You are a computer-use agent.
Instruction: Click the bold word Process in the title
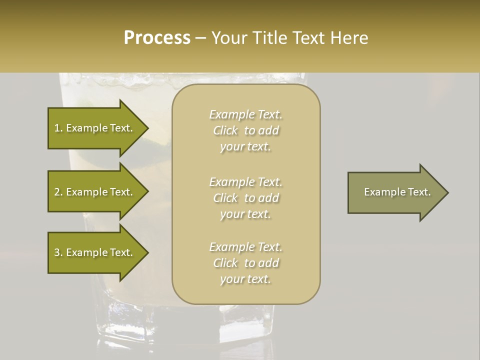click(157, 38)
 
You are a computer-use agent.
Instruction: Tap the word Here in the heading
click(349, 38)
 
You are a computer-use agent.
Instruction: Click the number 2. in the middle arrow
click(58, 192)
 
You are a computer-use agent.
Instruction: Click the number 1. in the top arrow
click(58, 128)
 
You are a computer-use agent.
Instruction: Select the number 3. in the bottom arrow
click(58, 252)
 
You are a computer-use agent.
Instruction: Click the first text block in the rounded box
click(245, 130)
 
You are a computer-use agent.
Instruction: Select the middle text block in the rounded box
click(245, 198)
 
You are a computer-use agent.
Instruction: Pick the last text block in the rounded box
click(245, 263)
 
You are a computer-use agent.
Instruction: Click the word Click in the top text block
click(225, 130)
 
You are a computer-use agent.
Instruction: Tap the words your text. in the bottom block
click(245, 279)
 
